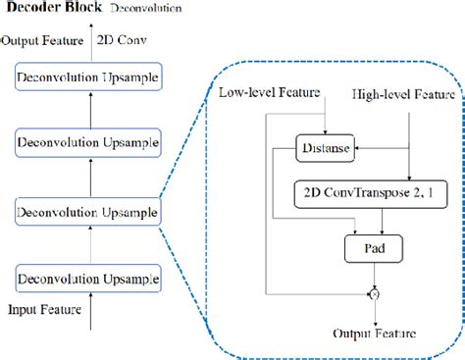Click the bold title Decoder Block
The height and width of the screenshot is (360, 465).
coord(50,11)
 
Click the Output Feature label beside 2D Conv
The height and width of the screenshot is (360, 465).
coord(42,41)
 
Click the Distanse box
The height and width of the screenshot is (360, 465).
coord(325,149)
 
